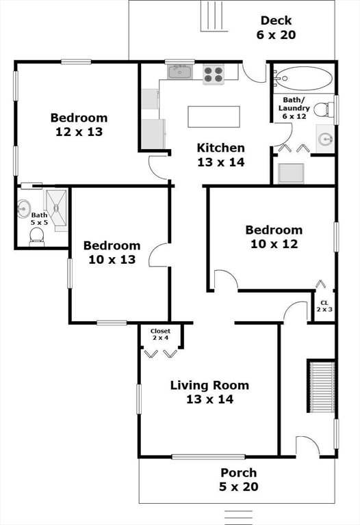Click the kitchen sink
(x=180, y=72)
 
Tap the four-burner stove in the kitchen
(x=214, y=75)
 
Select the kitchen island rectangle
(x=214, y=116)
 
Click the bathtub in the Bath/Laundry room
(x=303, y=79)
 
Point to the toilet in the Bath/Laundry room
(x=324, y=109)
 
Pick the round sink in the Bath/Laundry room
(x=325, y=139)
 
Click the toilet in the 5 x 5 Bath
(x=36, y=237)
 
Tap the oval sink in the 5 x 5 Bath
(x=23, y=208)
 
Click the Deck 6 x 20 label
(x=277, y=27)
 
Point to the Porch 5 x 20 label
(x=239, y=479)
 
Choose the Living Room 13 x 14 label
(x=210, y=392)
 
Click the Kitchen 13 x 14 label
(x=221, y=154)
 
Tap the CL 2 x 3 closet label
(x=324, y=306)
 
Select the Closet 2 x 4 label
(x=160, y=334)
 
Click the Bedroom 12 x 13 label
(x=79, y=124)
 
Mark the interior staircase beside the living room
(x=322, y=386)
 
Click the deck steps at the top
(x=214, y=16)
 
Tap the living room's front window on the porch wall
(x=209, y=457)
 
